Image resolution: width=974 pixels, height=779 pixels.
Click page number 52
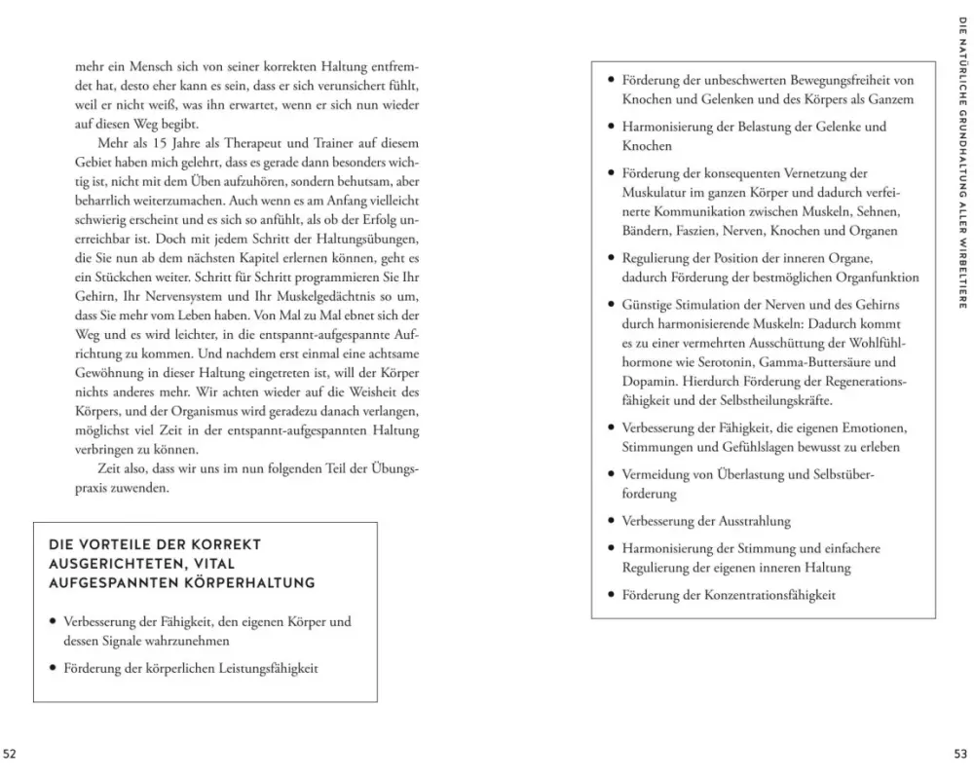point(10,754)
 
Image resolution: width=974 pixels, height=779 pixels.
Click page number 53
point(960,754)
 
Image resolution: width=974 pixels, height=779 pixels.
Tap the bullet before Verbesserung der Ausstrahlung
point(610,521)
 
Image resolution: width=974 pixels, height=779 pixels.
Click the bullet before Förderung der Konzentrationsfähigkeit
point(610,594)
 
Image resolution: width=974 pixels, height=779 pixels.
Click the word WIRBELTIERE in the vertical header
point(961,274)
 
